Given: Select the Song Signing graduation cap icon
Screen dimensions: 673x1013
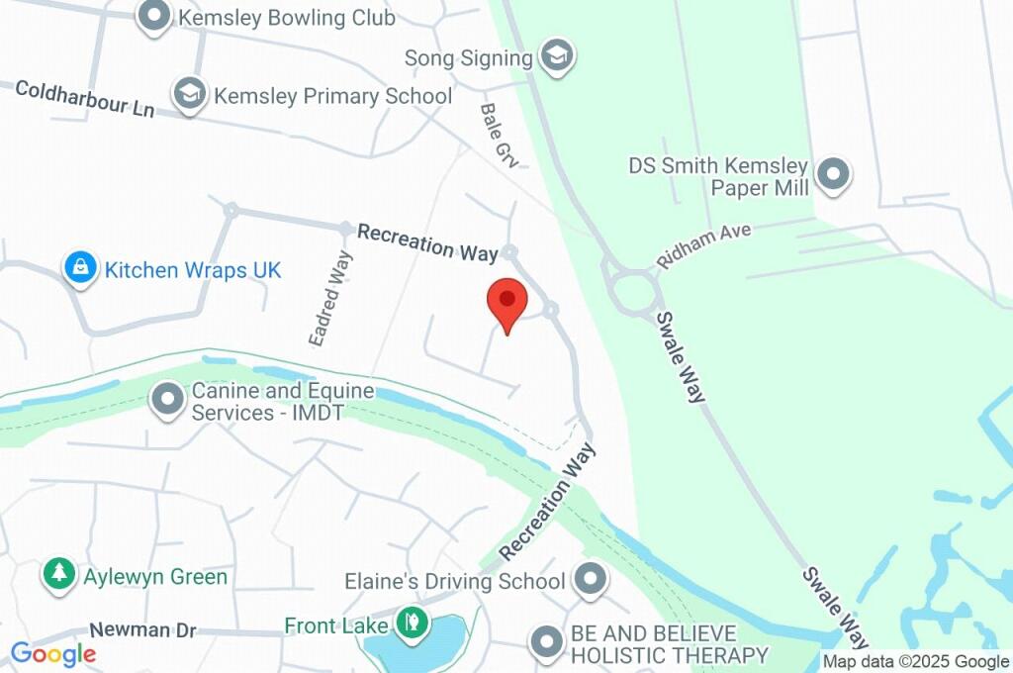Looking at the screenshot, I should [558, 56].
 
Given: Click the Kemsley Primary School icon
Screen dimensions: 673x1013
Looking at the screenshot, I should [188, 94].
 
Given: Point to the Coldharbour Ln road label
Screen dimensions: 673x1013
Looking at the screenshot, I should [85, 98].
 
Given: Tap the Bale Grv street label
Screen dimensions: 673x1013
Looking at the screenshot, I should [501, 134].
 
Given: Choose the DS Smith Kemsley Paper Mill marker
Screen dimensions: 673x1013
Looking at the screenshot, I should [833, 173].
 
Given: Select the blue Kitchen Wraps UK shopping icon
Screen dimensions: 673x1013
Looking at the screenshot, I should [79, 267].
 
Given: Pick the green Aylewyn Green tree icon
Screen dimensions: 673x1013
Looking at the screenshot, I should [59, 574].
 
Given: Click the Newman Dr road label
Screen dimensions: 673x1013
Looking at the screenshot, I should [142, 629].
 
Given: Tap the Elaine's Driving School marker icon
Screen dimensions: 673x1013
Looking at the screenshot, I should [591, 580].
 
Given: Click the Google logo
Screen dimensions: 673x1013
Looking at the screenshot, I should [53, 654].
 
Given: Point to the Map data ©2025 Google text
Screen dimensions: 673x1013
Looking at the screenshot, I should [916, 662].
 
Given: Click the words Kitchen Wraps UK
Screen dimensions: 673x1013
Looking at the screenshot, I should [193, 269].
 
